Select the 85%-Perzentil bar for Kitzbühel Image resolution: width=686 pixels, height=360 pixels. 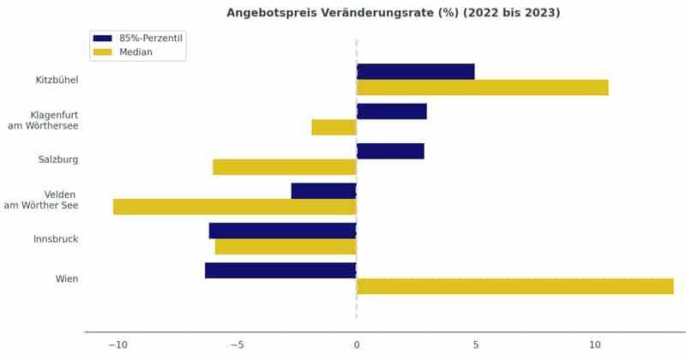click(x=415, y=71)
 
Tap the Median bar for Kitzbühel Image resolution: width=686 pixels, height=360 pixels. click(x=482, y=87)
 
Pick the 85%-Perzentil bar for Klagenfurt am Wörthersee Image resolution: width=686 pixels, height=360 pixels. click(x=391, y=111)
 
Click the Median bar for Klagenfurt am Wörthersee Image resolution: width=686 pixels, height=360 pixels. click(x=334, y=127)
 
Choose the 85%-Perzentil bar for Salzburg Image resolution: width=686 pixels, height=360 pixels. click(x=390, y=151)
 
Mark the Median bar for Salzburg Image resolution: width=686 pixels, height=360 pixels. click(x=284, y=167)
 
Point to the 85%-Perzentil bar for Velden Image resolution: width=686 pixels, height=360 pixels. click(x=323, y=190)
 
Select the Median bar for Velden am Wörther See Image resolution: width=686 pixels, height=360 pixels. click(x=234, y=207)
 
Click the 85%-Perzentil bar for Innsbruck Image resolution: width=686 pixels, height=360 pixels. click(x=282, y=231)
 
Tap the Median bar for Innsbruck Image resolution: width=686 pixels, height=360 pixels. click(x=285, y=247)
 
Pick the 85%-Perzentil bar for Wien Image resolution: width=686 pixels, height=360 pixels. click(x=280, y=270)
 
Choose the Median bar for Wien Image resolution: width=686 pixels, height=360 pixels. click(x=514, y=286)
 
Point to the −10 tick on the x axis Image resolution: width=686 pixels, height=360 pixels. click(x=117, y=345)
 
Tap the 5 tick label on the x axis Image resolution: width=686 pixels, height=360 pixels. click(x=476, y=345)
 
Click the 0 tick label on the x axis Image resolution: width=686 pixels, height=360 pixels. click(x=357, y=345)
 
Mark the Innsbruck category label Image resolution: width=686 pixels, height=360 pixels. click(x=56, y=239)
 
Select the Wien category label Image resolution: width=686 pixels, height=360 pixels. click(x=67, y=279)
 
